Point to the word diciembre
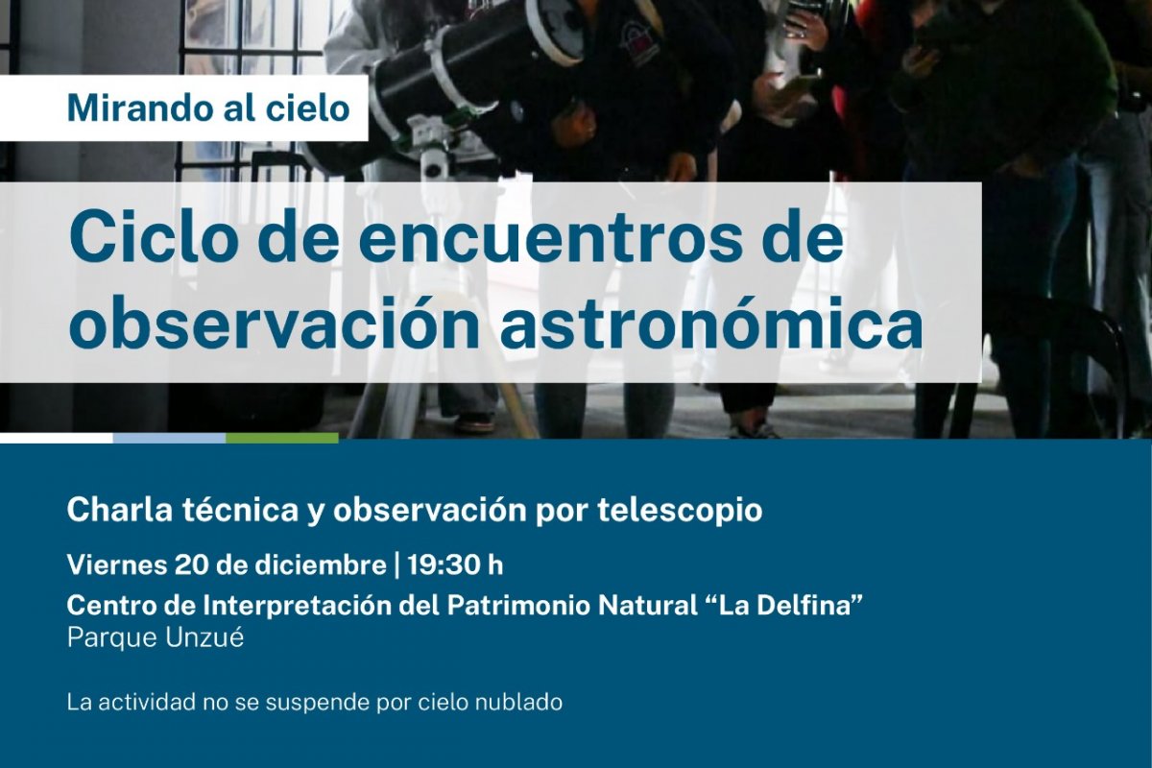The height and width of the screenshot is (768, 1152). pyautogui.click(x=321, y=565)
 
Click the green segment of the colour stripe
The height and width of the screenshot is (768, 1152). pyautogui.click(x=282, y=438)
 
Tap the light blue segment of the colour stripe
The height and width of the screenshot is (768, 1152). pyautogui.click(x=169, y=438)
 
